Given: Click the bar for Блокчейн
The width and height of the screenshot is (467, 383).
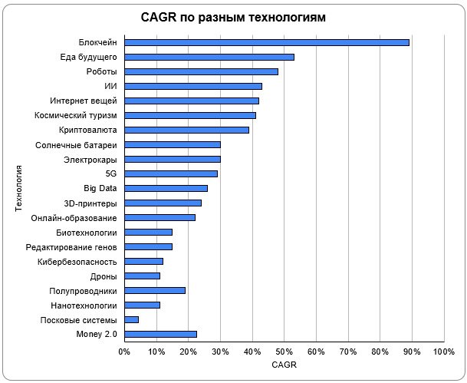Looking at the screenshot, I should point(267,42).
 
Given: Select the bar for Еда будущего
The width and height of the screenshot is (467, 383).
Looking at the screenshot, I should point(209,57).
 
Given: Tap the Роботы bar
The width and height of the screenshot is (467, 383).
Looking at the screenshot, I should point(201,71).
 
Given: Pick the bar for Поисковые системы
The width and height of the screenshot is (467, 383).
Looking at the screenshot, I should point(132,319).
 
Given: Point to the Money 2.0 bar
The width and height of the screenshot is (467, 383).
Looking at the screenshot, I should point(161,334).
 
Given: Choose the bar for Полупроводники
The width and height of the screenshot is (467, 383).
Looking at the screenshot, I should point(155,290).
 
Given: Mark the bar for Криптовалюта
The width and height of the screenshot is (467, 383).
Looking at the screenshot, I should point(187,130).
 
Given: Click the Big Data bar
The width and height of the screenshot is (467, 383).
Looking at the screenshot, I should point(166,188).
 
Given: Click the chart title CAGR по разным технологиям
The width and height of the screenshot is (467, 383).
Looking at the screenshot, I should point(234,17).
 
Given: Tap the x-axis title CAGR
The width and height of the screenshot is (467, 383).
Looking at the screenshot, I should point(284,365).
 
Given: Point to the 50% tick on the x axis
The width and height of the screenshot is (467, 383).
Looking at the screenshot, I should point(284,352).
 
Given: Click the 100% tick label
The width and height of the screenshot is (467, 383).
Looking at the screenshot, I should point(443,352).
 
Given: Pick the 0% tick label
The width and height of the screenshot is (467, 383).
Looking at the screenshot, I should point(124,352).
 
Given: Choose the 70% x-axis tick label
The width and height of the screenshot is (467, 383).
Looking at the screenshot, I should point(347,352).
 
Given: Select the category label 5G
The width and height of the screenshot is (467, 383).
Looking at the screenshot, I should point(110,173).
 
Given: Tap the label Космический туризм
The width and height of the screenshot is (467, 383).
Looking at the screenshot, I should point(76,115).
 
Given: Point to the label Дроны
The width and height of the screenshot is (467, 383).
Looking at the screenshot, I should point(104,276).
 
